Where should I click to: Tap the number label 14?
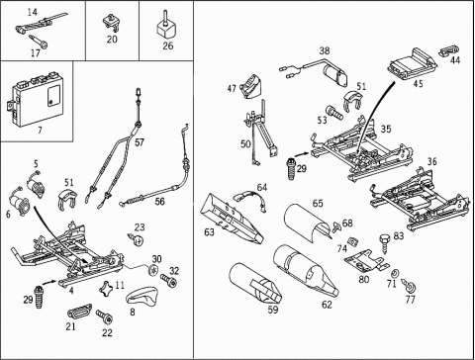click(32, 13)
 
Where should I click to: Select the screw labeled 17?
click(39, 41)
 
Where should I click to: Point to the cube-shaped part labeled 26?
click(165, 27)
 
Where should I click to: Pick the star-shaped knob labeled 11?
click(107, 289)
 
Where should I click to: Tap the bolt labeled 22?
click(105, 317)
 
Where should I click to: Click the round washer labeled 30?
click(153, 271)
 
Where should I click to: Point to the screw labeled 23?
click(136, 239)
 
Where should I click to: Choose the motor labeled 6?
click(20, 204)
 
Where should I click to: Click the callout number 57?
click(140, 142)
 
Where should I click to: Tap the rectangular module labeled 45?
click(413, 63)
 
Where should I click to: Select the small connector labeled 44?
click(449, 50)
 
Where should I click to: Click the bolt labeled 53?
click(334, 113)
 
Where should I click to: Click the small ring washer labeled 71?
click(394, 273)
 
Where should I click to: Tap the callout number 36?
click(431, 162)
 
